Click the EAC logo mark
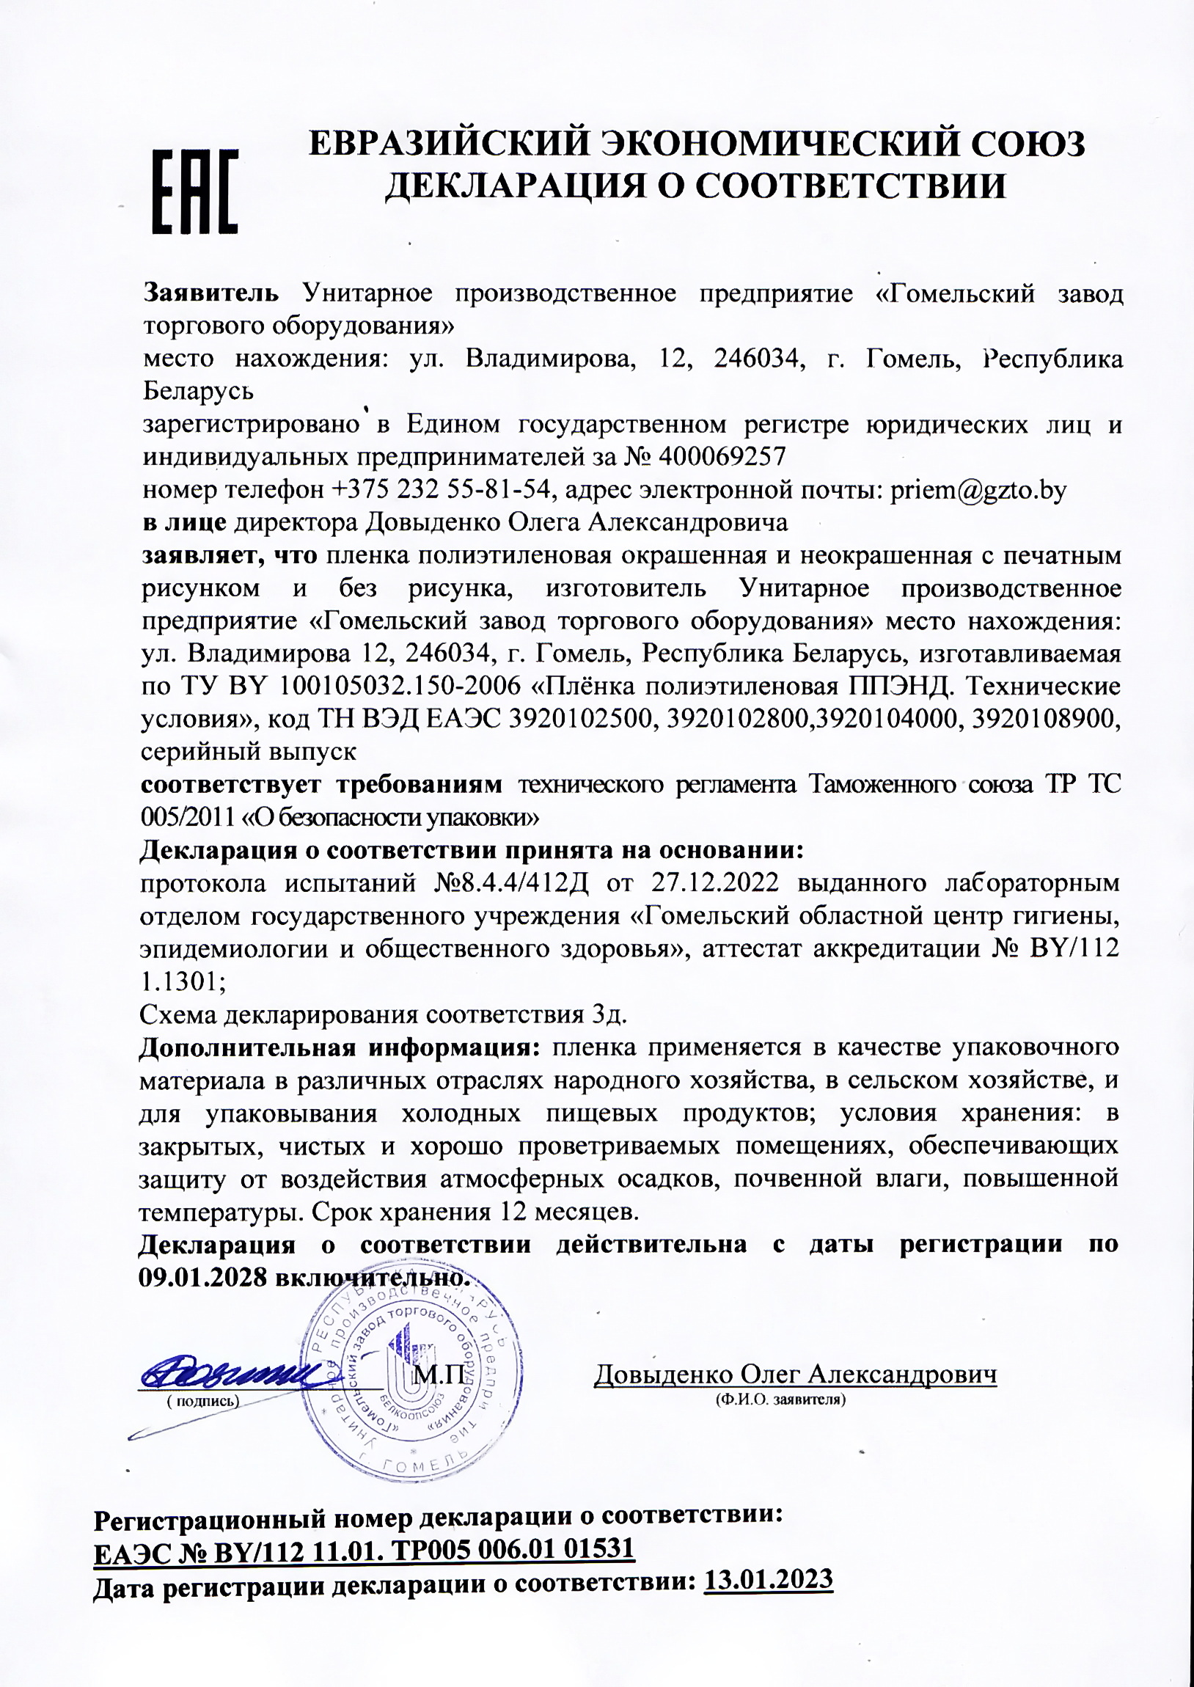195,193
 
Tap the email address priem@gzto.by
978,490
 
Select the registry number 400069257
723,457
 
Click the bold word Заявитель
211,294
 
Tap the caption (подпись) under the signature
202,1401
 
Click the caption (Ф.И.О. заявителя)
781,1399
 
